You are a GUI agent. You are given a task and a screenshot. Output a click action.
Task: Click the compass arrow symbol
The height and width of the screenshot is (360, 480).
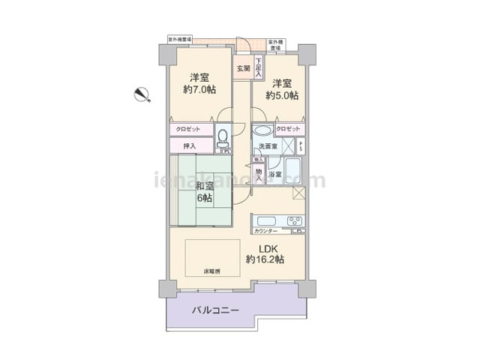140,94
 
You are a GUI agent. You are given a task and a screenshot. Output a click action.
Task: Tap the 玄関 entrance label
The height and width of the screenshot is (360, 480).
243,69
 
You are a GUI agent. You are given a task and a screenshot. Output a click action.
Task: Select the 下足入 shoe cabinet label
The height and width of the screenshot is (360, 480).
258,68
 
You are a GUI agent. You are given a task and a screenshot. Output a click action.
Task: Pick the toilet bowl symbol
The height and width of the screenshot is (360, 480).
223,138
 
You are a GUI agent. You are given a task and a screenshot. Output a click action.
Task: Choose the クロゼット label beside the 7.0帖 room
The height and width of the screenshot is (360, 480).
188,130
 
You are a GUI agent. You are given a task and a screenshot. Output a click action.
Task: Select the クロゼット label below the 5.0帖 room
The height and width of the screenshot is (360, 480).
288,130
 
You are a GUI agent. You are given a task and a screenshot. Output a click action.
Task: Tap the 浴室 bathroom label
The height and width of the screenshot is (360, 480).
275,175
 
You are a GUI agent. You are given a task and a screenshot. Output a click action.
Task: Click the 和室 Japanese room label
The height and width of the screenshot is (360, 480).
204,186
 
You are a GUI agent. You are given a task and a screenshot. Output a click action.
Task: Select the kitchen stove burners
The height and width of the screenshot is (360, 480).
295,220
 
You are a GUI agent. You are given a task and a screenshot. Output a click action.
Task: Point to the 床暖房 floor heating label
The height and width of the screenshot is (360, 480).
211,271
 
